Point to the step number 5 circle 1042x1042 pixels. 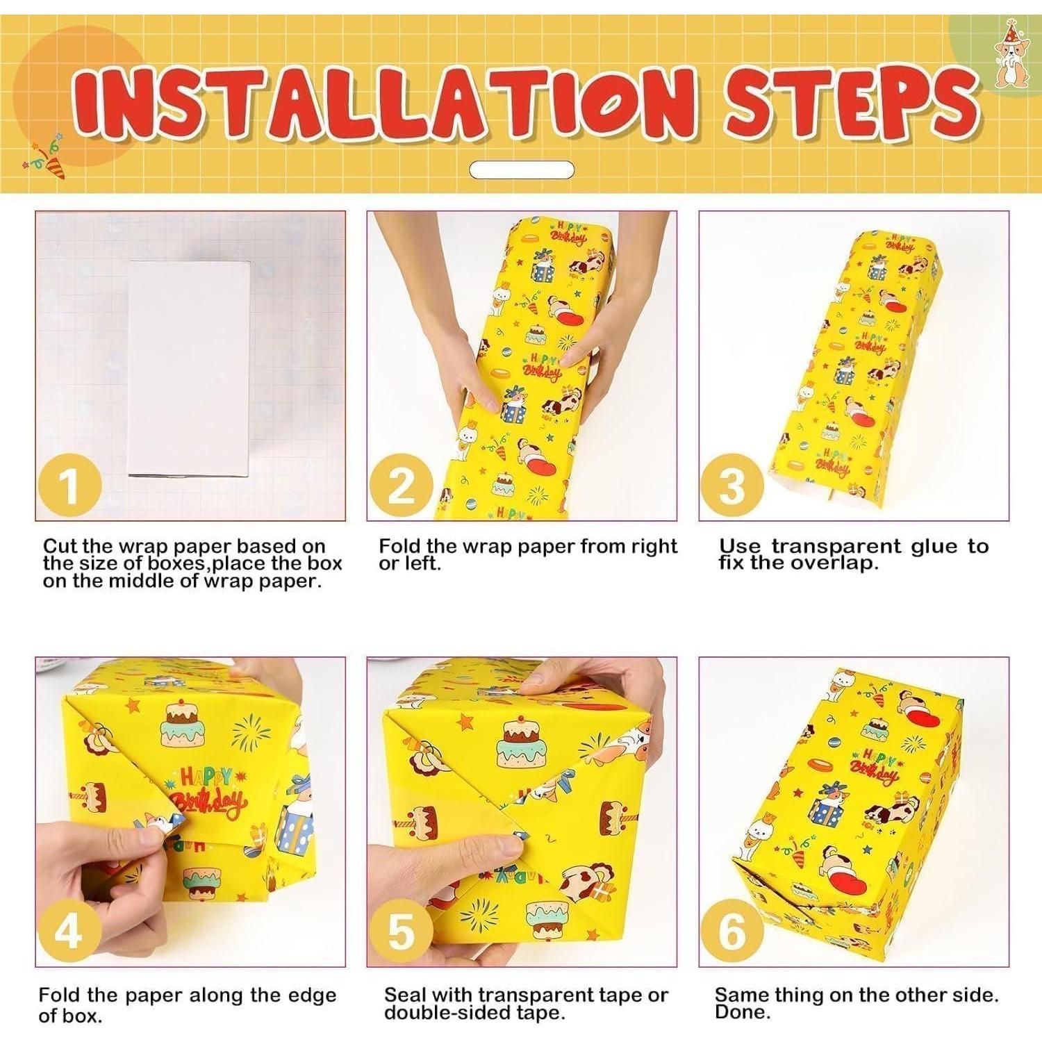tap(402, 930)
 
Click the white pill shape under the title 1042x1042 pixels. tap(522, 169)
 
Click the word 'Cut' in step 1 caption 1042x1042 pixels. tap(60, 546)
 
